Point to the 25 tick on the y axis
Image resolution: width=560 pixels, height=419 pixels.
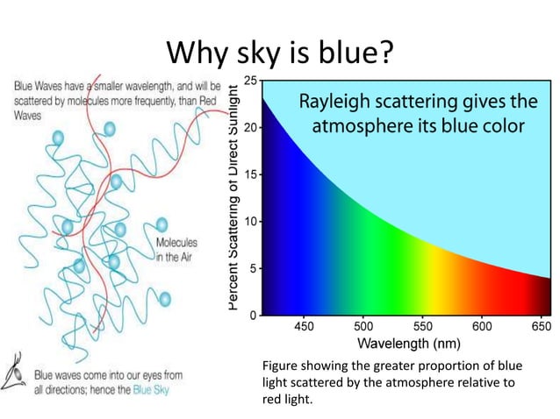tap(251, 81)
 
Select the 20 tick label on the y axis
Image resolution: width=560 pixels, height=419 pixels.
tap(251, 127)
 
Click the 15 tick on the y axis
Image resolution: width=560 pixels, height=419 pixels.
tap(251, 174)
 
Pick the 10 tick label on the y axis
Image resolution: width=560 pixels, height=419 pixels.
tap(251, 221)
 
